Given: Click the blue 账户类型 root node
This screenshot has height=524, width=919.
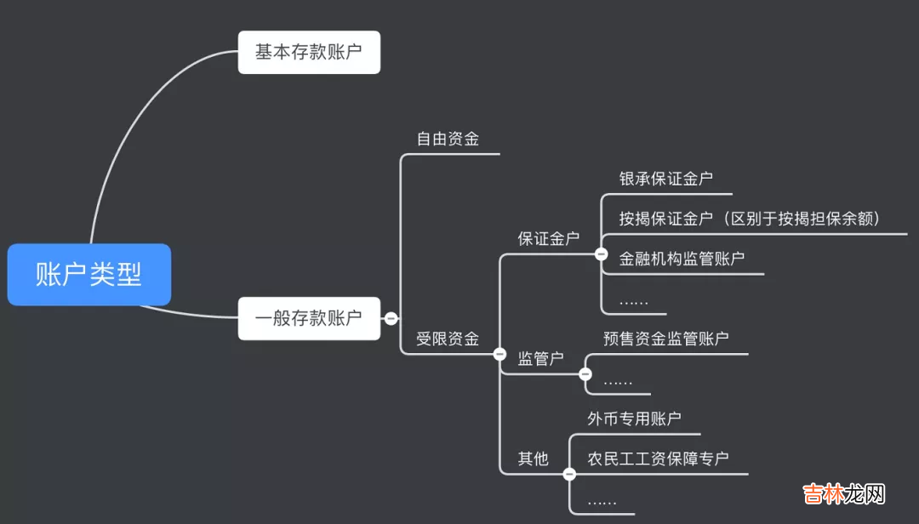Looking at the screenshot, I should (88, 275).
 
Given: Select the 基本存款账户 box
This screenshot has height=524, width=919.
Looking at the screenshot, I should (308, 52).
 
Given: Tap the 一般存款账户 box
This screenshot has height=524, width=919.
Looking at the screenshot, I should (308, 318).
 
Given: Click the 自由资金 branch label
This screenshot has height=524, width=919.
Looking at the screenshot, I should (448, 139).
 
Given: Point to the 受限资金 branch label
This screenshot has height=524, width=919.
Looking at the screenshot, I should (448, 339).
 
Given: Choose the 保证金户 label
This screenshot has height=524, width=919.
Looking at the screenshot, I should (549, 239).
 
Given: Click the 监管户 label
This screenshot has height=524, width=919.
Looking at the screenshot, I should (541, 359).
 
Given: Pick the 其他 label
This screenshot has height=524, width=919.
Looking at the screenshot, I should (534, 459).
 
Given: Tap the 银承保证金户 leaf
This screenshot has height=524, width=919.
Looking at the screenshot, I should (666, 179).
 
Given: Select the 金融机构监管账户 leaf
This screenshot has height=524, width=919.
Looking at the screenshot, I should (682, 259).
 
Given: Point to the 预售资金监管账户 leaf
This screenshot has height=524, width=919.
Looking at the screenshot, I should (666, 339).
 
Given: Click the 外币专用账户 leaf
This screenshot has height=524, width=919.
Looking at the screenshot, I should (635, 419).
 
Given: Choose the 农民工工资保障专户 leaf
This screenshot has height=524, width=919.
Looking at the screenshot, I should (659, 458).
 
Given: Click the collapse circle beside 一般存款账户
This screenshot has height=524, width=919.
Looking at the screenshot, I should (391, 318).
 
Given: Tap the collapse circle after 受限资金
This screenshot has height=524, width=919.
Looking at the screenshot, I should (499, 353).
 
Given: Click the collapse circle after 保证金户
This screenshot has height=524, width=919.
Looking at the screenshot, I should (601, 253).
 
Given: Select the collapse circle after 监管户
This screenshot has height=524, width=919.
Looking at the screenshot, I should (585, 373).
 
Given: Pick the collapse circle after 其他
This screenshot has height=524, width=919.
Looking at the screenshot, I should (569, 474).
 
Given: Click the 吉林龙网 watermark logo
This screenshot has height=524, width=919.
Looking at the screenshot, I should (845, 494).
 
